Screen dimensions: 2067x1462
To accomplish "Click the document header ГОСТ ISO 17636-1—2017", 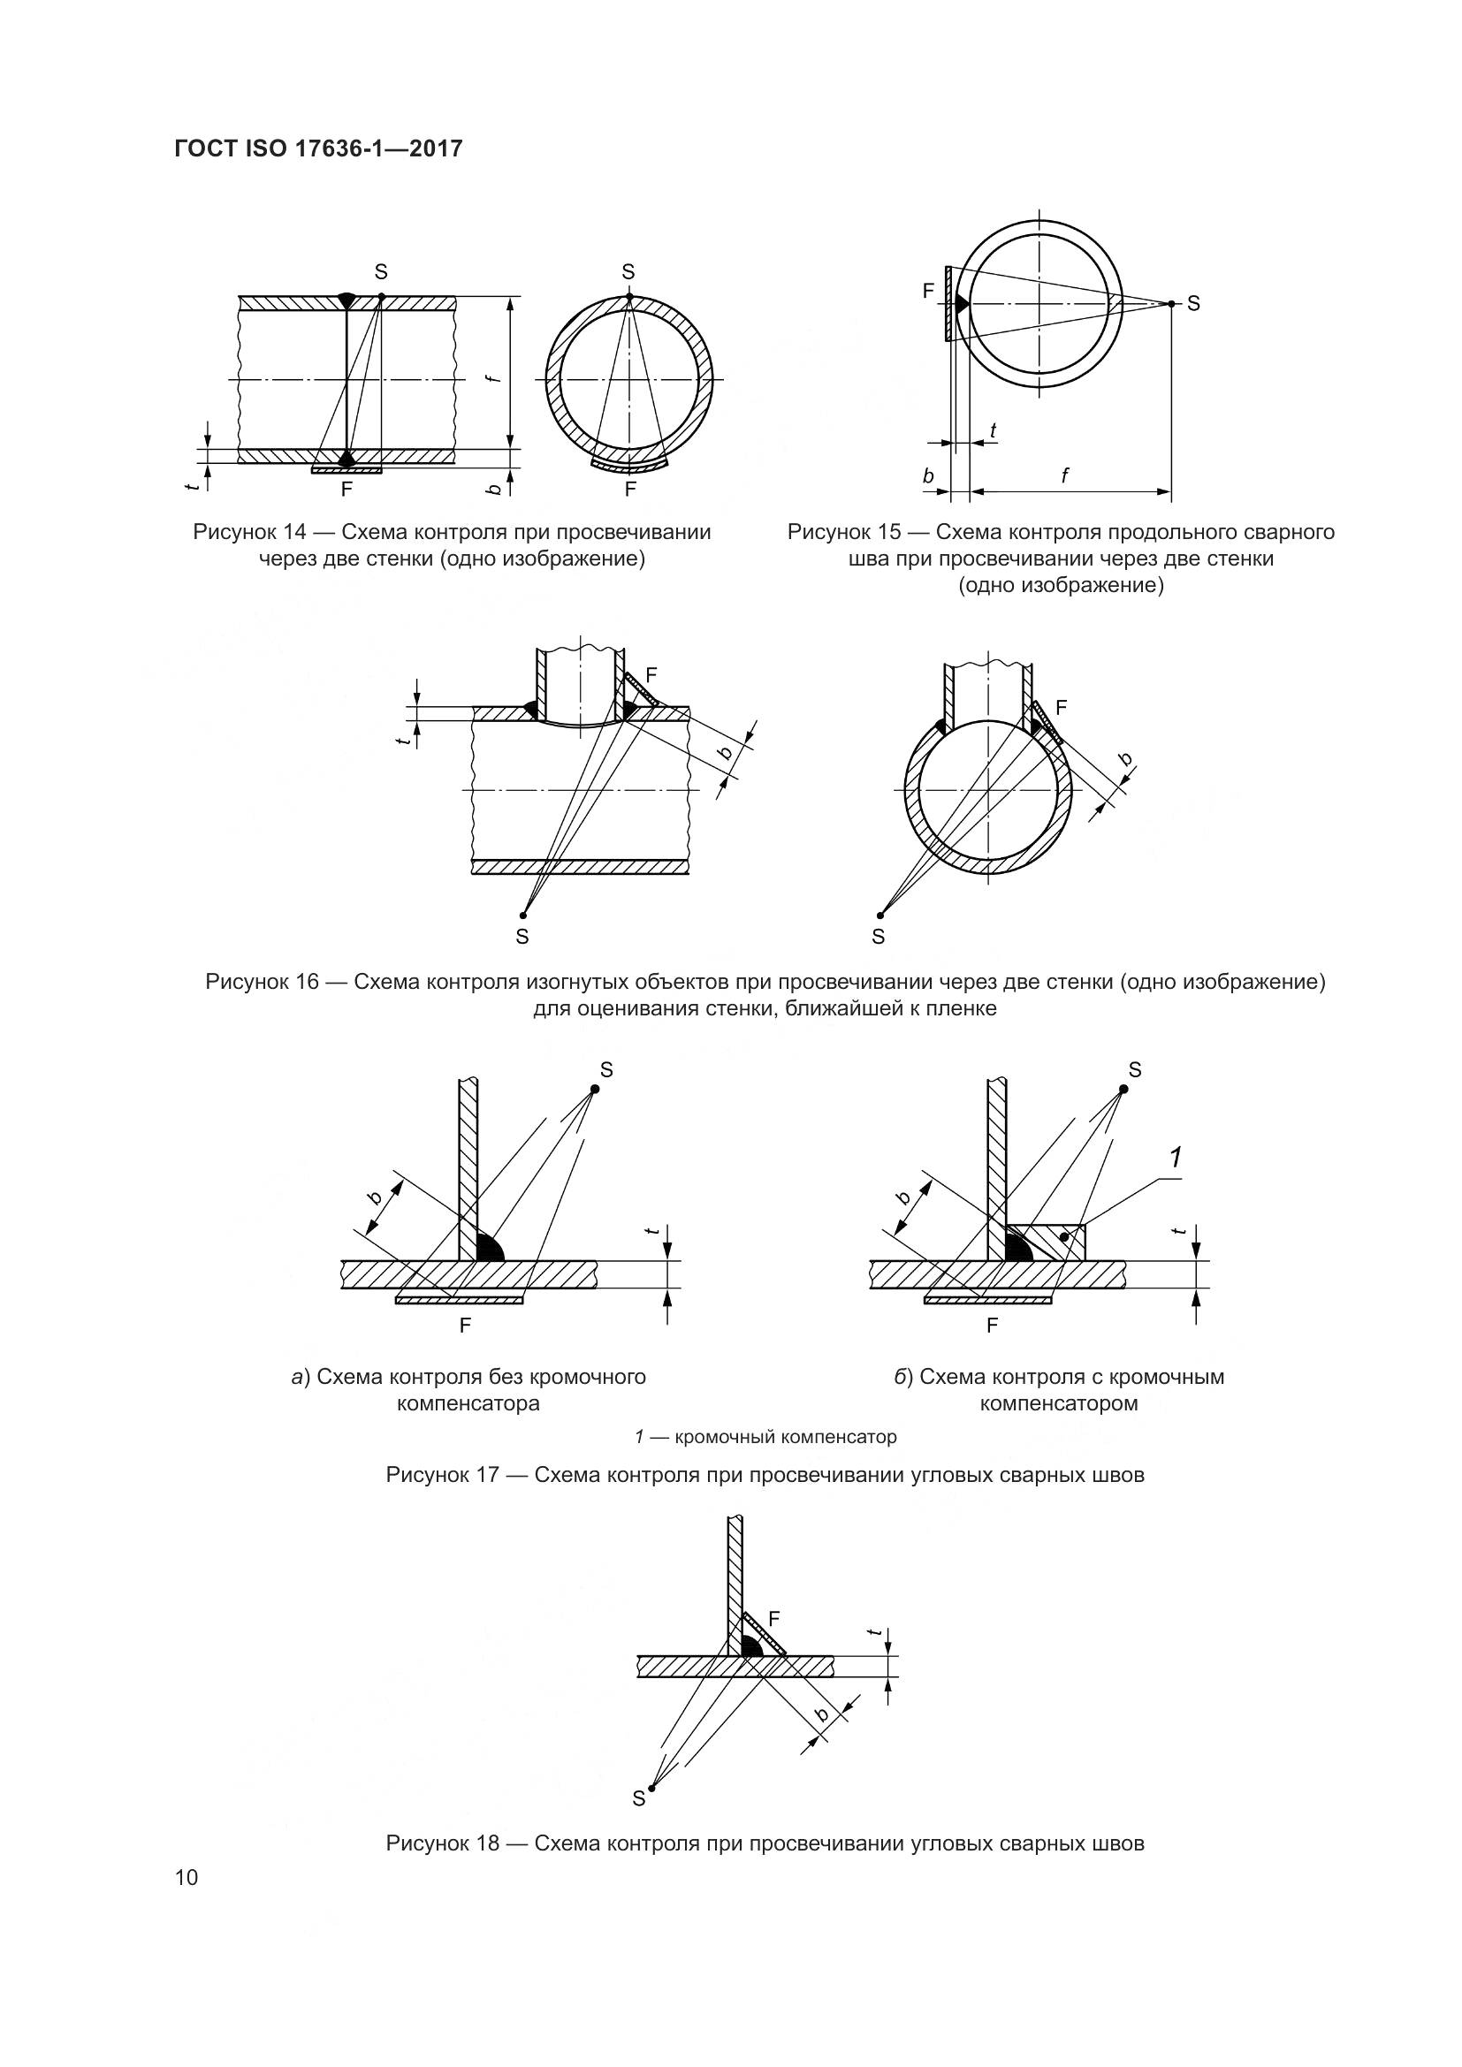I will pyautogui.click(x=318, y=148).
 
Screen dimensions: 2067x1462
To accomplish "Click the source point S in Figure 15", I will pyautogui.click(x=1171, y=303).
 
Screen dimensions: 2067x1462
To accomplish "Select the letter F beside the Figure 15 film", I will pyautogui.click(x=928, y=290).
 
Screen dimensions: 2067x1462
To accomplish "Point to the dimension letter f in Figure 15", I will pyautogui.click(x=1065, y=475).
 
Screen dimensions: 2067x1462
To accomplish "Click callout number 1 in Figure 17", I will pyautogui.click(x=1175, y=1158).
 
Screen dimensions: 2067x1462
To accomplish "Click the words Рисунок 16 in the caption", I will pyautogui.click(x=262, y=981).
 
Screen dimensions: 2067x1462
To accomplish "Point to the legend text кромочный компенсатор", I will pyautogui.click(x=785, y=1437).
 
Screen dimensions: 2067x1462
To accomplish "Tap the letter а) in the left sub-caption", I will pyautogui.click(x=300, y=1377).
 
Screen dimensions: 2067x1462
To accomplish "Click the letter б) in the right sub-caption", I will pyautogui.click(x=904, y=1377).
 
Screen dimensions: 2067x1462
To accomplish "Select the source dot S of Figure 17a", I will pyautogui.click(x=594, y=1089).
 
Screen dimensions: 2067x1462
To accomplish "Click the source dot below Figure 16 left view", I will pyautogui.click(x=523, y=916).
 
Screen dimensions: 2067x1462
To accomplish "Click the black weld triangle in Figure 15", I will pyautogui.click(x=961, y=303).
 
